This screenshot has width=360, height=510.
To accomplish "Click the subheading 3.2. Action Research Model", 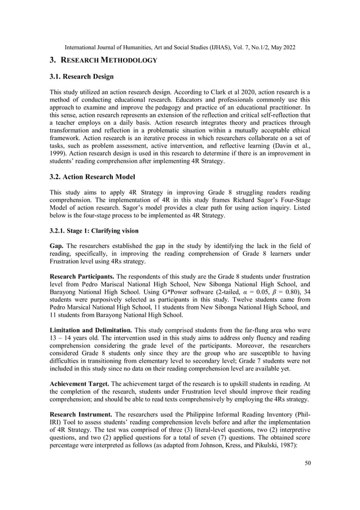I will click(98, 176).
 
